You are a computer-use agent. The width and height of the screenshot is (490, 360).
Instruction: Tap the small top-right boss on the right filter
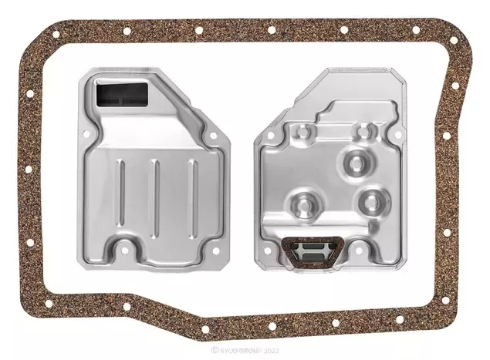pos(362,132)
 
